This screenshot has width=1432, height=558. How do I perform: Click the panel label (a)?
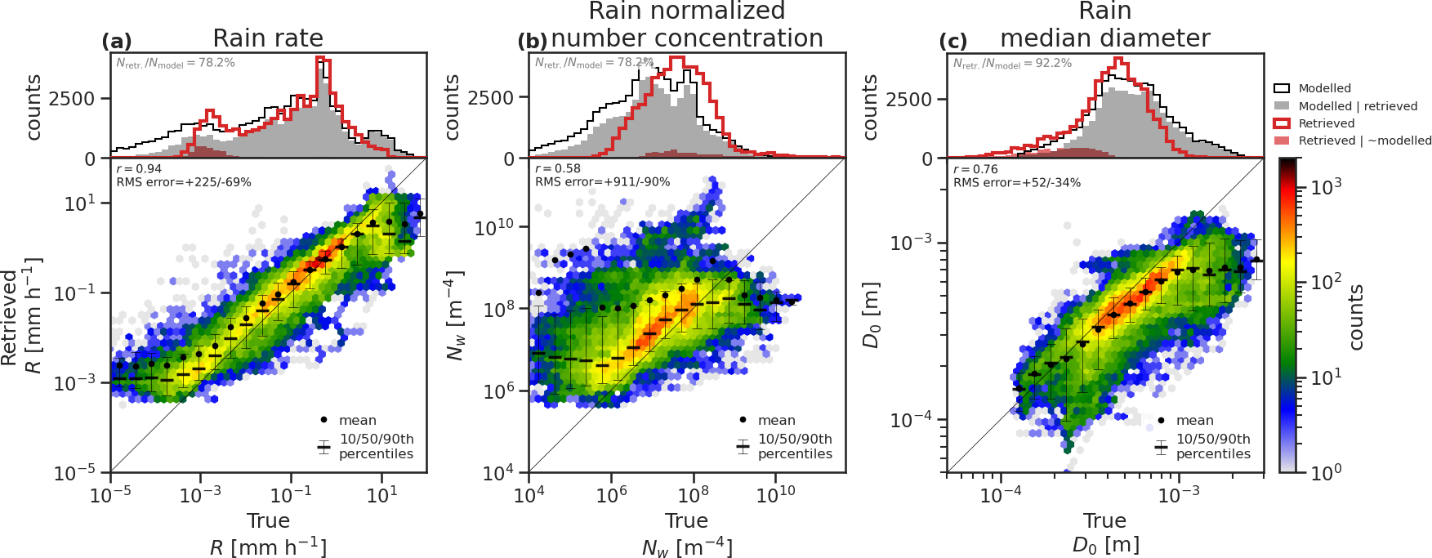coord(116,42)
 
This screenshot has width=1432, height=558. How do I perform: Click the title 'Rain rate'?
coord(268,38)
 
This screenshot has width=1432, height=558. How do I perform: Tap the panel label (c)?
coord(953,42)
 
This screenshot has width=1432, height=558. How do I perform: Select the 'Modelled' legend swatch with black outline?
coord(1282,88)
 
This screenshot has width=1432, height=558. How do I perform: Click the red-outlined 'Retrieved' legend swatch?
coord(1282,123)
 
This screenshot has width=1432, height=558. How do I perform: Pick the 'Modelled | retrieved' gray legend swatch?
coord(1282,106)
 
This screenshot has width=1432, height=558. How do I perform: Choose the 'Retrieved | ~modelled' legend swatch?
coord(1282,141)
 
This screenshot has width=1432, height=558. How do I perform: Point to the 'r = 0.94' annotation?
coord(139,169)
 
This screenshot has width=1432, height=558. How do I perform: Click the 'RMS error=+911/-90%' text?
coord(602,182)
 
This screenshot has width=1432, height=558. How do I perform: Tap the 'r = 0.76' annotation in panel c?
coord(975,169)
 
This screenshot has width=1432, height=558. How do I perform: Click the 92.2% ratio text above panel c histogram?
coord(1012,63)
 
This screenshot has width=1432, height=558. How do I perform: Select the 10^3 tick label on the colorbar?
coord(1326,187)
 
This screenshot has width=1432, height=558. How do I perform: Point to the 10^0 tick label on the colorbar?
coord(1326,472)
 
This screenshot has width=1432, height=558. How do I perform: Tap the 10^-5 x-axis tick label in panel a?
coord(110,493)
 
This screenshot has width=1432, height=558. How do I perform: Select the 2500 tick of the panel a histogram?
coord(72,99)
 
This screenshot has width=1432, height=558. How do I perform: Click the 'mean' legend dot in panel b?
coord(743,420)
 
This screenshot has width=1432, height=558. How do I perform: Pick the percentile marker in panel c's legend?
coord(1161,447)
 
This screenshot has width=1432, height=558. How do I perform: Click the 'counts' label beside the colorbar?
coord(1356,317)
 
